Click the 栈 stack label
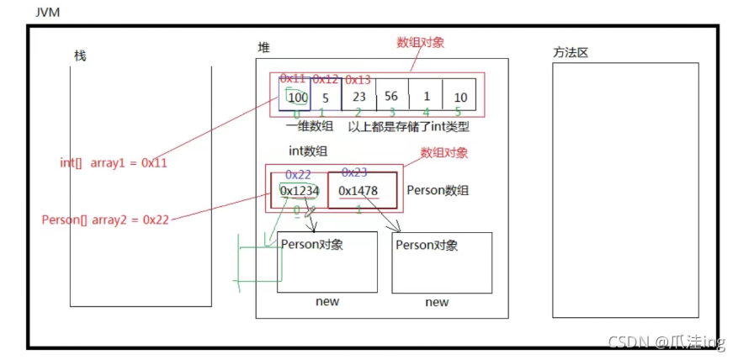pyautogui.click(x=80, y=56)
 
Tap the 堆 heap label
pyautogui.click(x=264, y=49)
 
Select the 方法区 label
pyautogui.click(x=570, y=52)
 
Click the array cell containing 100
pyautogui.click(x=297, y=97)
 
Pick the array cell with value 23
pyautogui.click(x=358, y=96)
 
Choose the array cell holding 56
pyautogui.click(x=390, y=96)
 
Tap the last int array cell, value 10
pyautogui.click(x=459, y=97)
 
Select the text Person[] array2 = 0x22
pyautogui.click(x=105, y=220)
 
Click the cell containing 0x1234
pyautogui.click(x=300, y=191)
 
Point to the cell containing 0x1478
pyautogui.click(x=360, y=191)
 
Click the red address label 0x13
pyautogui.click(x=358, y=80)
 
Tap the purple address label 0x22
pyautogui.click(x=298, y=173)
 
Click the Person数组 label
pyautogui.click(x=438, y=190)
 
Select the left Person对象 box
pyautogui.click(x=327, y=262)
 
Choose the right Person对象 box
pyautogui.click(x=442, y=262)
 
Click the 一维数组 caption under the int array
pyautogui.click(x=309, y=126)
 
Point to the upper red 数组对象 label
pyautogui.click(x=420, y=43)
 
